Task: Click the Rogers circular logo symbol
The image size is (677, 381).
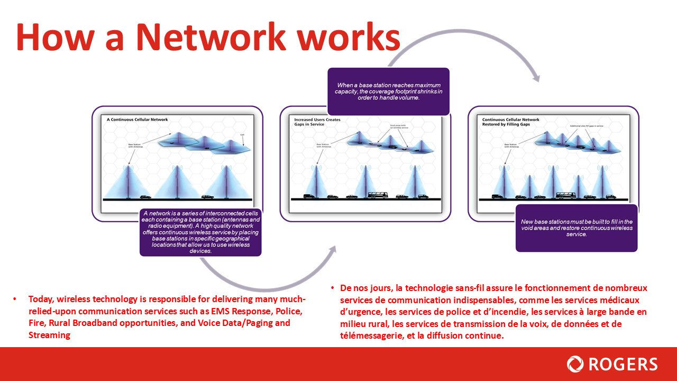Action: [x=575, y=364]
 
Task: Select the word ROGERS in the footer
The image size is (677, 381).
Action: [x=623, y=364]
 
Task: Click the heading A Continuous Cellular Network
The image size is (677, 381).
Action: [x=137, y=120]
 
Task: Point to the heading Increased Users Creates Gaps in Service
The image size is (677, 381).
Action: [x=317, y=122]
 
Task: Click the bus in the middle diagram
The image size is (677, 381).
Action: [x=378, y=195]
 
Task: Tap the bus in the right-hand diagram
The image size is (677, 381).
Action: [x=565, y=195]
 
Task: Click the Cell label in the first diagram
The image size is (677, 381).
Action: [x=242, y=135]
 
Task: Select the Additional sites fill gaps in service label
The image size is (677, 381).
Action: [x=587, y=126]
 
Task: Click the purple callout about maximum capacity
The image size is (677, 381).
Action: [x=388, y=91]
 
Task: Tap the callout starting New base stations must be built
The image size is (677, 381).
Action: [x=576, y=228]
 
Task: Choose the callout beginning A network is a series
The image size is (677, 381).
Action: [x=200, y=232]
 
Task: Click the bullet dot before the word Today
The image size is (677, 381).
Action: [x=14, y=299]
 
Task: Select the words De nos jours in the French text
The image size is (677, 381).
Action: [x=364, y=288]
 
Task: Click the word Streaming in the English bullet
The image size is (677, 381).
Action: [x=50, y=334]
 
